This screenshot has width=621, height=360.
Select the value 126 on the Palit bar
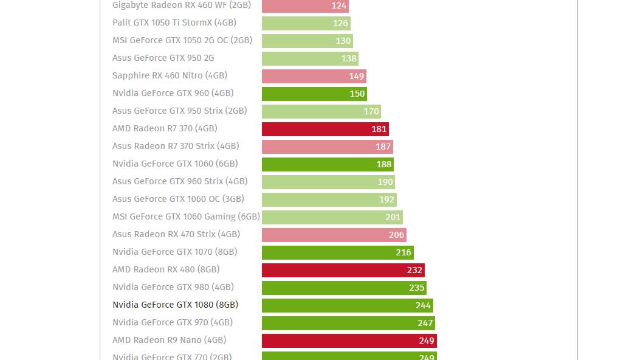340,23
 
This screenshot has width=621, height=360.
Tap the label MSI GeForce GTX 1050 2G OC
182,40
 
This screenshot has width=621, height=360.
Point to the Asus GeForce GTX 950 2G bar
310,58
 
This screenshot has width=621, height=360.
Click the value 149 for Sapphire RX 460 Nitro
357,76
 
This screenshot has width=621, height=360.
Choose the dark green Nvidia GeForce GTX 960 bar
314,94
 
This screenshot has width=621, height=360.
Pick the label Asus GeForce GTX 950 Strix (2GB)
179,111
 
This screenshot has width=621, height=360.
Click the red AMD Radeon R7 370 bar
325,129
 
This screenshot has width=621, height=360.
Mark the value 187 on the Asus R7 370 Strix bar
383,147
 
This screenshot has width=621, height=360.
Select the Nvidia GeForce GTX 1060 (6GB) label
175,164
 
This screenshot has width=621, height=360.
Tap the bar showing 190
328,182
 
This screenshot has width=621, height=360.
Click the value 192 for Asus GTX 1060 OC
387,199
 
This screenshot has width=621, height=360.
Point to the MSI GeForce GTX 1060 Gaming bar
332,217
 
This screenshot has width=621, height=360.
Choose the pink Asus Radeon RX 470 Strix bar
334,235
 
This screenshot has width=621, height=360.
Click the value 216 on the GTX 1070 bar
403,252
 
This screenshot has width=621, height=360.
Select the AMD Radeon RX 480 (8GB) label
166,269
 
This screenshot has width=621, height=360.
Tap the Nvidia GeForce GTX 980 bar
344,288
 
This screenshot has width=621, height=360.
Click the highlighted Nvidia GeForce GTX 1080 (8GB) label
175,305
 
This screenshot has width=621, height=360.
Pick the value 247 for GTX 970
425,323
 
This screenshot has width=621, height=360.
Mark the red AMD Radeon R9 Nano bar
349,341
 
